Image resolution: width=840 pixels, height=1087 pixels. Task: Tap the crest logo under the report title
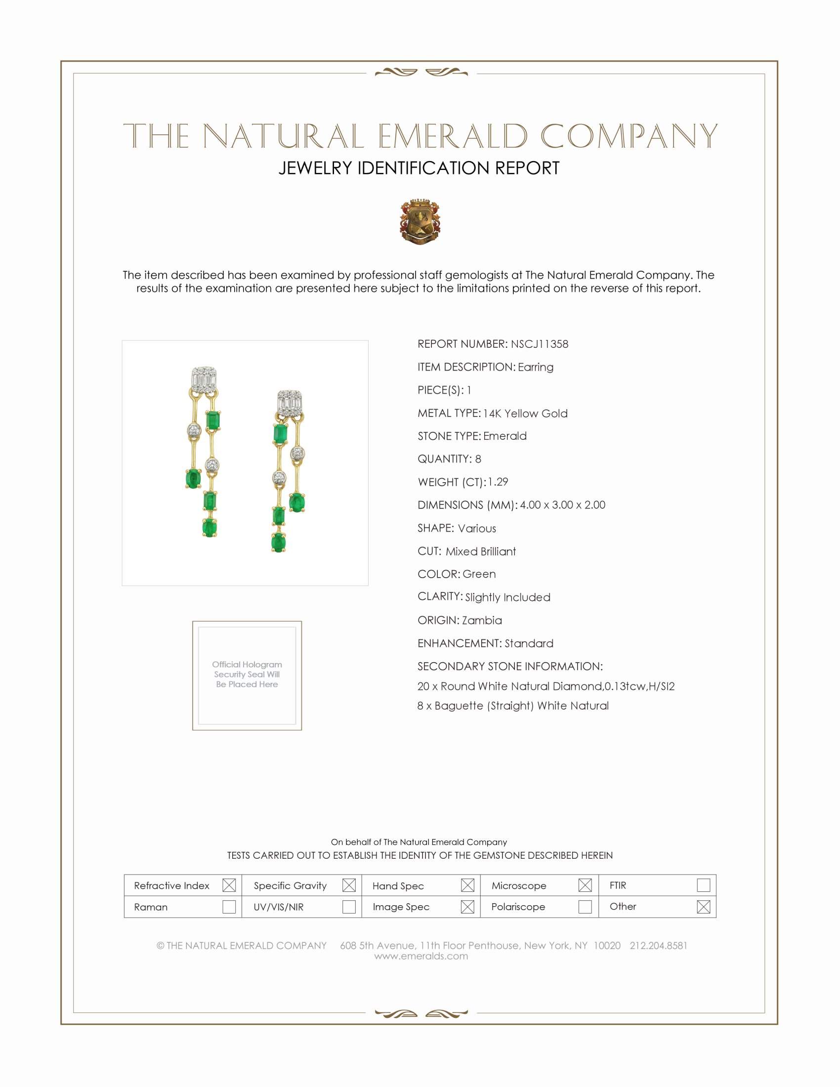pos(420,221)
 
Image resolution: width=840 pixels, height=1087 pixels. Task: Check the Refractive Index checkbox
pos(229,885)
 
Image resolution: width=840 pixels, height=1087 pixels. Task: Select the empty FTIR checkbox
pos(703,885)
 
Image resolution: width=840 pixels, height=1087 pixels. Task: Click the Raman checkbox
pos(229,906)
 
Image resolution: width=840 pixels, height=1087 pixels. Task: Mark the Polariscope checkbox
pos(585,906)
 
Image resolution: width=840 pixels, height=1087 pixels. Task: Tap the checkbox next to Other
pos(703,906)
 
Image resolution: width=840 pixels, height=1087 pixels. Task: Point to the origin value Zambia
pos(482,620)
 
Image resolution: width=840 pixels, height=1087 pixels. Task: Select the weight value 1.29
pos(498,482)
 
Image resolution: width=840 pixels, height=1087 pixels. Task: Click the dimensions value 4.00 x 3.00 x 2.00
pos(562,504)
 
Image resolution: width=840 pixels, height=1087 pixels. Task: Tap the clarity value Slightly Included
pos(507,597)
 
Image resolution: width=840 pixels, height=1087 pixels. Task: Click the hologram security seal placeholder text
pos(247,674)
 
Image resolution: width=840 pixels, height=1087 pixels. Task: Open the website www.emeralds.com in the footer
pos(421,956)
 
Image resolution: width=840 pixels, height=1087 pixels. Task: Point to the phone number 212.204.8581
pos(658,946)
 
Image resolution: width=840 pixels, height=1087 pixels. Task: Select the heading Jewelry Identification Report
pos(419,168)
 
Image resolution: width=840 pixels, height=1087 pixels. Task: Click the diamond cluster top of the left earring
pos(204,380)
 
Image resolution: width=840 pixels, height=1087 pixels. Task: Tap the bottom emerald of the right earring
pos(279,542)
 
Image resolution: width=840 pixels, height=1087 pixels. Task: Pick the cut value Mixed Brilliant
pos(481,551)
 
